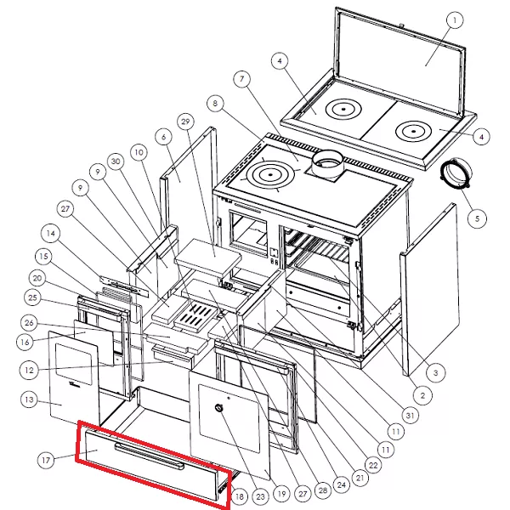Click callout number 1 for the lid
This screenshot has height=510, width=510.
tap(455, 20)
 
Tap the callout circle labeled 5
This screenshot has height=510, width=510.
tap(477, 218)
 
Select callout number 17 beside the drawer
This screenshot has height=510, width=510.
tap(46, 460)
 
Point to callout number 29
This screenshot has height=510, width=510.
tap(185, 122)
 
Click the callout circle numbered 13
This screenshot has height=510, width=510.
tap(29, 399)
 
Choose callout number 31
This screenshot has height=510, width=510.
tap(410, 415)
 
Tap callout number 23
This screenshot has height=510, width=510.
tap(260, 496)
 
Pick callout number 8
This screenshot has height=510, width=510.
tap(215, 104)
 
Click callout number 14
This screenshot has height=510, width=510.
tap(51, 233)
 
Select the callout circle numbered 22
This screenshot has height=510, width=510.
tap(373, 465)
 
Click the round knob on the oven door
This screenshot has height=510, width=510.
tap(219, 408)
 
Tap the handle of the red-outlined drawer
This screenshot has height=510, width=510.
tap(150, 456)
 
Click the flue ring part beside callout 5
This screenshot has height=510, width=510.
tap(456, 172)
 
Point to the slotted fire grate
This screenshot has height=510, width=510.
tap(195, 316)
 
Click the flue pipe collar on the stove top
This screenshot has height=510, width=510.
tap(327, 164)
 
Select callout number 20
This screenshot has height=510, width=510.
tap(37, 279)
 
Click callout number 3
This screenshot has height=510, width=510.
tap(436, 373)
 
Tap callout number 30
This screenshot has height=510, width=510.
tap(116, 161)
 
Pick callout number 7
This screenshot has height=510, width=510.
tap(242, 79)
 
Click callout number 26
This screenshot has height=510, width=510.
tap(29, 323)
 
